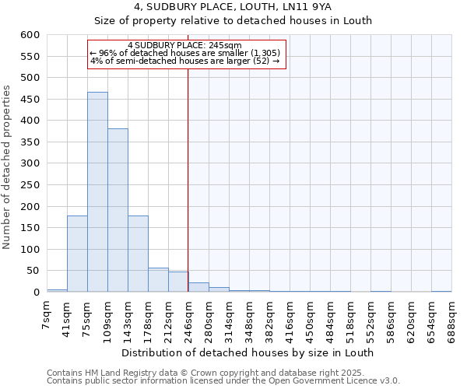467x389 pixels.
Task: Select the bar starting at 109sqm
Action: tap(118, 210)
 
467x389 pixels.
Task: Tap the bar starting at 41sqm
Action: tap(77, 254)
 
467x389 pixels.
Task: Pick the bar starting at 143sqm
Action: tap(138, 254)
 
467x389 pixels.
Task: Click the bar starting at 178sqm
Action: tap(158, 280)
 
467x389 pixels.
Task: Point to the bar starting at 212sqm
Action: tap(178, 282)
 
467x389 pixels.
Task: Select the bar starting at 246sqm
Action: tap(198, 287)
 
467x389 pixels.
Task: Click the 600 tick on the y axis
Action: tap(30, 35)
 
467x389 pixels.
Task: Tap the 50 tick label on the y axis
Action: tap(33, 271)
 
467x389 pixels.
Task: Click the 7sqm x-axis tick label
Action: tap(47, 314)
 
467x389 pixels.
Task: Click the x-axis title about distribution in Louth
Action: tap(248, 352)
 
